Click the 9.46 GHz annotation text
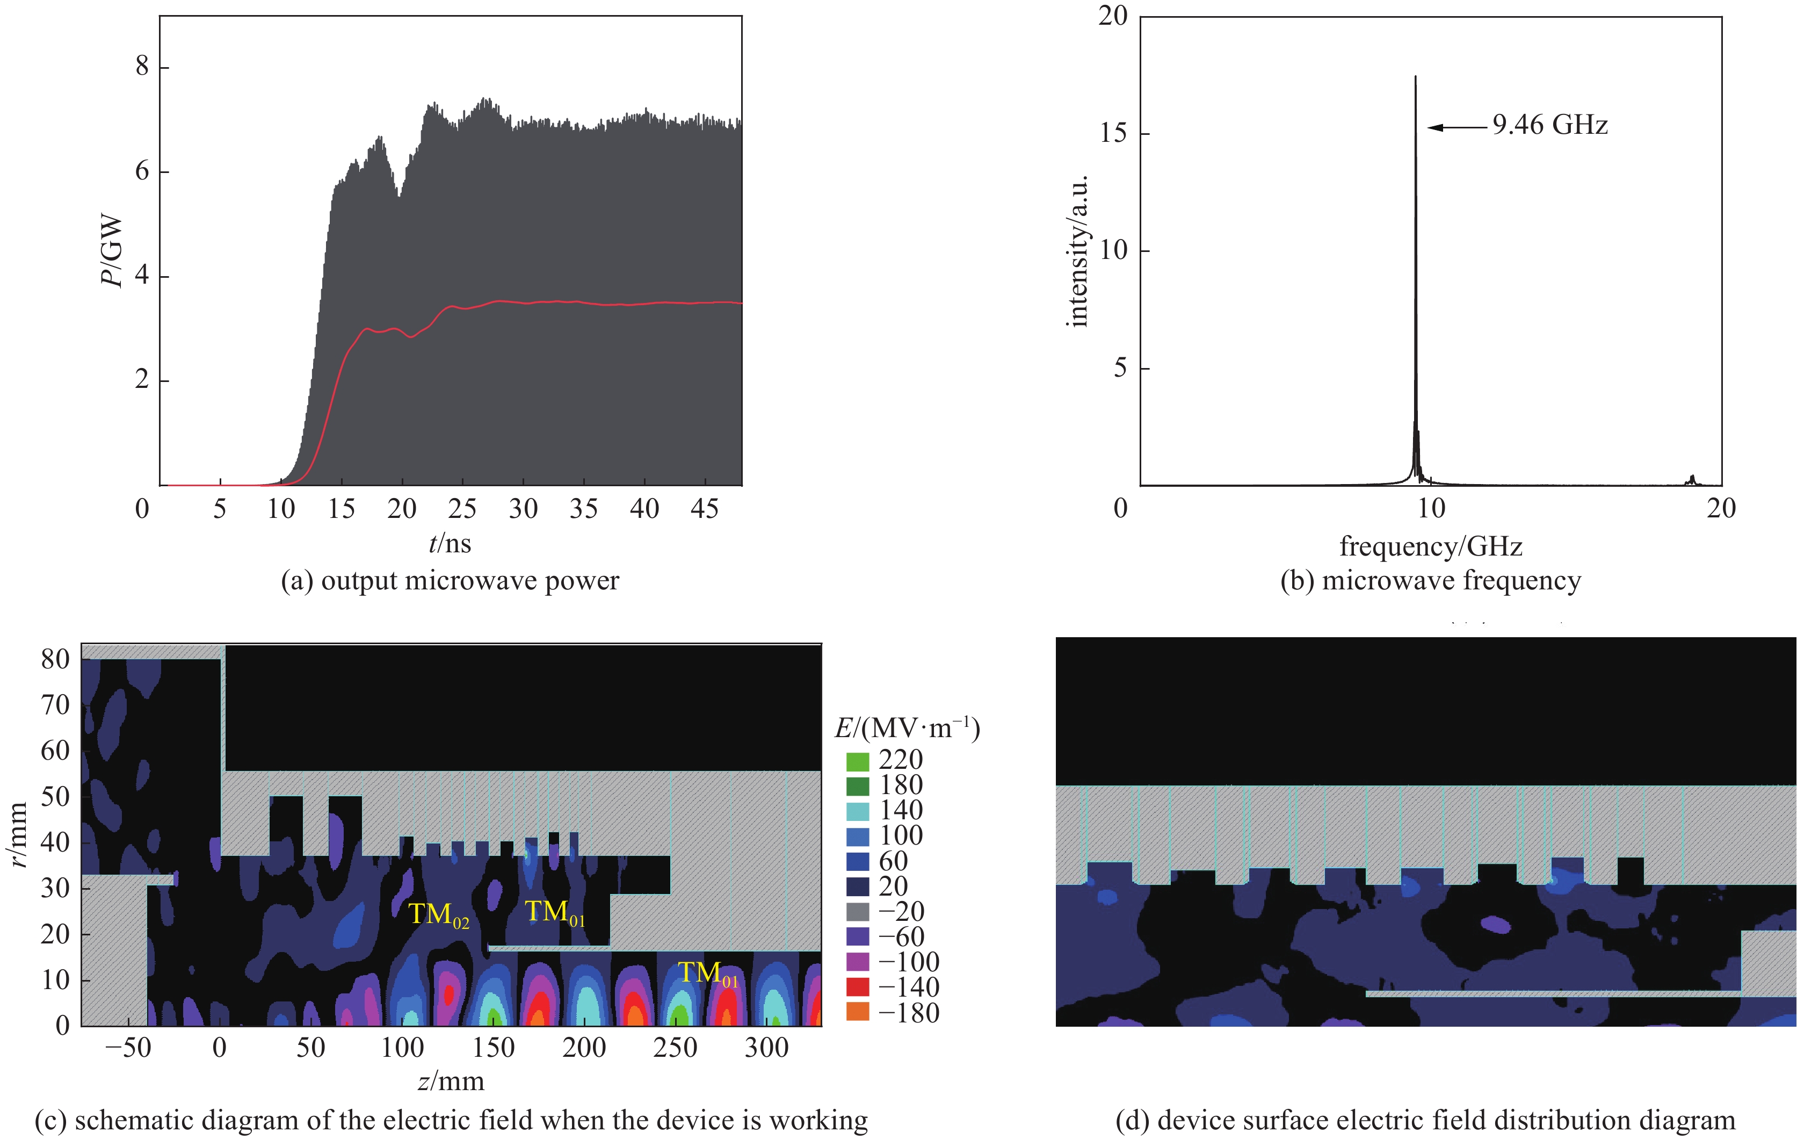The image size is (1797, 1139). click(1550, 125)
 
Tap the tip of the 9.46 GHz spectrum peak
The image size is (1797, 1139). click(1415, 77)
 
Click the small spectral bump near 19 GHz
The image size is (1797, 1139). click(1691, 479)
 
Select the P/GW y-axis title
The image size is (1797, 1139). click(112, 251)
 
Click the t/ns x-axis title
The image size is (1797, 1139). click(450, 543)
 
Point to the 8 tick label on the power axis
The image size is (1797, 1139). click(142, 67)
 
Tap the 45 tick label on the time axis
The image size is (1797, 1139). click(705, 509)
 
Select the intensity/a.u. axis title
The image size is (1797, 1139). click(1077, 251)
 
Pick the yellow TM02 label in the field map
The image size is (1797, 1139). click(439, 915)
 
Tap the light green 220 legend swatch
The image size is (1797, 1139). click(858, 761)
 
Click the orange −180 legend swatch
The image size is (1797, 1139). click(858, 1013)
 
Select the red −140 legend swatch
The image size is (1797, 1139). click(858, 987)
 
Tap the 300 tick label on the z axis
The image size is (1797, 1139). click(766, 1048)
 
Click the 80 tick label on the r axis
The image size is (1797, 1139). click(55, 659)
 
